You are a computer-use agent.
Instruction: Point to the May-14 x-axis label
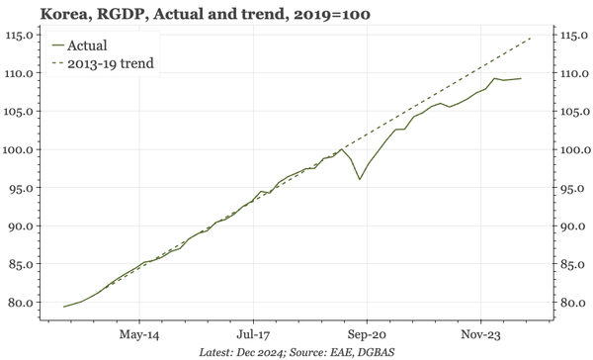point(139,334)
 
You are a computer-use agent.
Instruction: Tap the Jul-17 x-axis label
point(253,334)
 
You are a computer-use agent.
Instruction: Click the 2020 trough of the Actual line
point(360,179)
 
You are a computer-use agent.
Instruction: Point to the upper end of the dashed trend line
point(531,38)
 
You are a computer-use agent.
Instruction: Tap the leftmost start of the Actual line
point(64,307)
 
